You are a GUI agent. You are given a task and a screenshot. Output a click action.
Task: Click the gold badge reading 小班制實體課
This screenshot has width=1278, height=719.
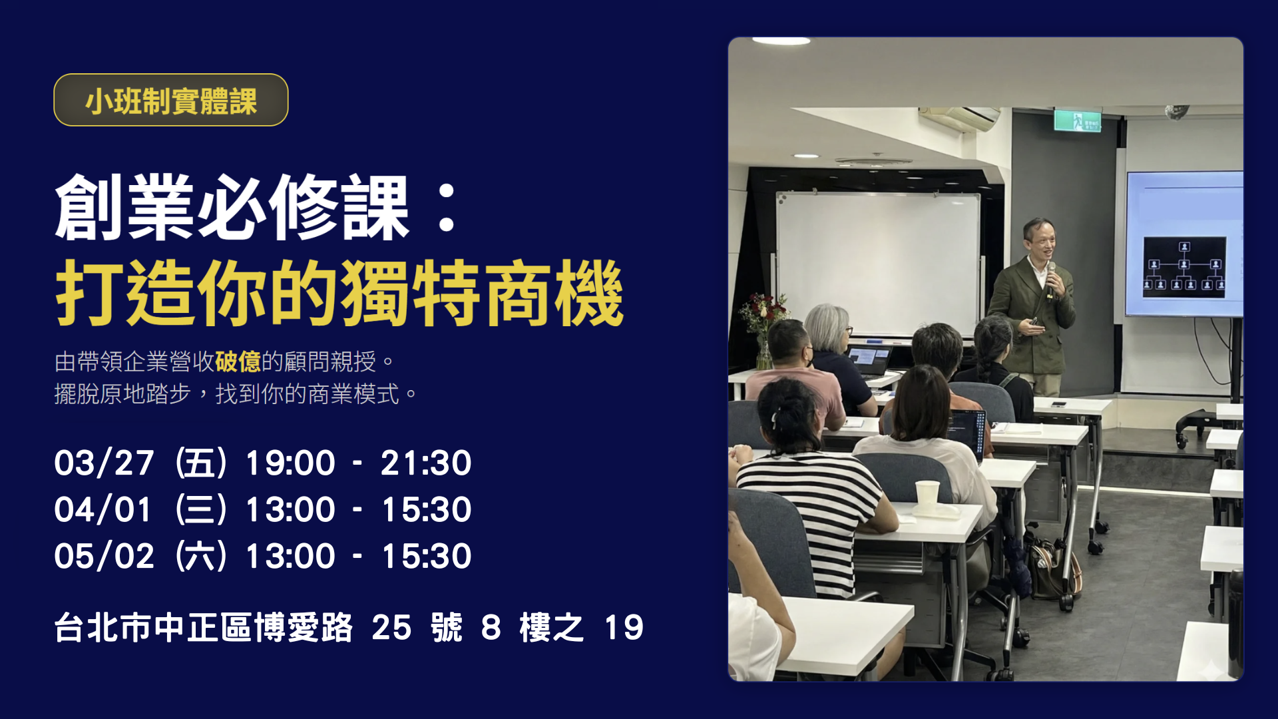170,100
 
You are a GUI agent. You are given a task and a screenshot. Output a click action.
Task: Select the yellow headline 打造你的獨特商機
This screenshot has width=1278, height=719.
339,294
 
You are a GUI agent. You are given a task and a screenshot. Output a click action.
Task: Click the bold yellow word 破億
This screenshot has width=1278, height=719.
238,361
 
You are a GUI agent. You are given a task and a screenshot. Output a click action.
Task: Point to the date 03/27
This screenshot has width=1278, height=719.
105,463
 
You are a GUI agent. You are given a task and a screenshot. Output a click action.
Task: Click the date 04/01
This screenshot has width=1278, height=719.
103,509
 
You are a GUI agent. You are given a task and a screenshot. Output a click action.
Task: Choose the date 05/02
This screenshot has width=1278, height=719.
105,556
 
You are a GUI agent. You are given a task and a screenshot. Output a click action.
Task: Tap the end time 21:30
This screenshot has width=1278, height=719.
426,463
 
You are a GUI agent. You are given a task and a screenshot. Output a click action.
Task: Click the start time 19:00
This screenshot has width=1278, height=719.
290,463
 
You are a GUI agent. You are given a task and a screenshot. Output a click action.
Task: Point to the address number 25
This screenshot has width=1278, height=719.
391,627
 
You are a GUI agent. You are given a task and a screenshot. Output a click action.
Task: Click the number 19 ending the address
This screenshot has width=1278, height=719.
624,627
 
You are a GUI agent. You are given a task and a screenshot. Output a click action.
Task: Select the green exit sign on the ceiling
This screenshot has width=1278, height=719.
1077,121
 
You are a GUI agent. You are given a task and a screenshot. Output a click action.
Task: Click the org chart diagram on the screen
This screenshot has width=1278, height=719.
1184,267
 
